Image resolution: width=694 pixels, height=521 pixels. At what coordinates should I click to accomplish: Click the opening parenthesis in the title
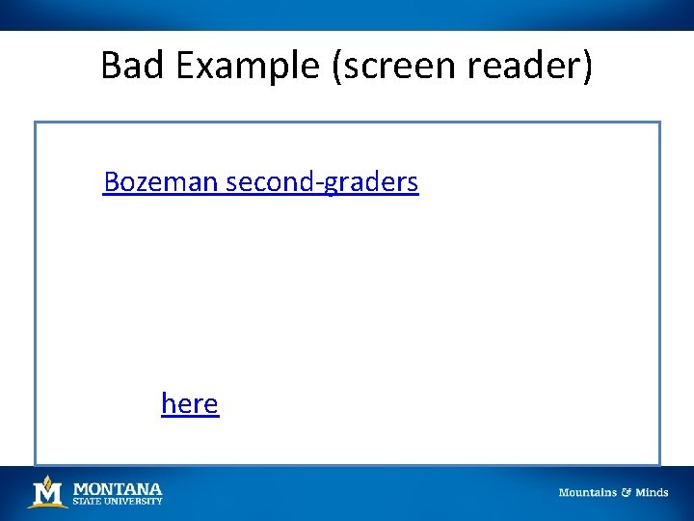pos(339,66)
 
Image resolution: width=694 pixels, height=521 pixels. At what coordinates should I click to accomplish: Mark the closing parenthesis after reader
pos(587,66)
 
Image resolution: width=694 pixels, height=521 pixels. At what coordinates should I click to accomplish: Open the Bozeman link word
pos(161,181)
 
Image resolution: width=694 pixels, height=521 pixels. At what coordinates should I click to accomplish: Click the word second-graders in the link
pos(322,181)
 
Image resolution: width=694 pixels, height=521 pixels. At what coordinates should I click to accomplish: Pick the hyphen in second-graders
pos(318,183)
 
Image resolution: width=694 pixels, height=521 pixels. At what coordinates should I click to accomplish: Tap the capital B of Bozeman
pos(112,181)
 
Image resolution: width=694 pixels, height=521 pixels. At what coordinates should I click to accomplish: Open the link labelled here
pos(190,403)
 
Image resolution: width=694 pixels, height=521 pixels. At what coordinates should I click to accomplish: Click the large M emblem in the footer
pos(47,495)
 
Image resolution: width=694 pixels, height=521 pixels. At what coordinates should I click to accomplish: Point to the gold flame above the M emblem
pos(47,480)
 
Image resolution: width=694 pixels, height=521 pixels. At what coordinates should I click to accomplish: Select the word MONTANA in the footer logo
pos(118,489)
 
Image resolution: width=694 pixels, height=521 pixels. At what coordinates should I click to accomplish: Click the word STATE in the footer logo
pos(87,501)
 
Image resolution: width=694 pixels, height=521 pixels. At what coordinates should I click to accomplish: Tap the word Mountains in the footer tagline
pos(588,493)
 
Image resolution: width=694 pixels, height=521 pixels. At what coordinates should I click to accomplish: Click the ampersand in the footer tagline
pos(626,493)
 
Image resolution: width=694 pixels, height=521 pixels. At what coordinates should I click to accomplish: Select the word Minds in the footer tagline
pos(652,493)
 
